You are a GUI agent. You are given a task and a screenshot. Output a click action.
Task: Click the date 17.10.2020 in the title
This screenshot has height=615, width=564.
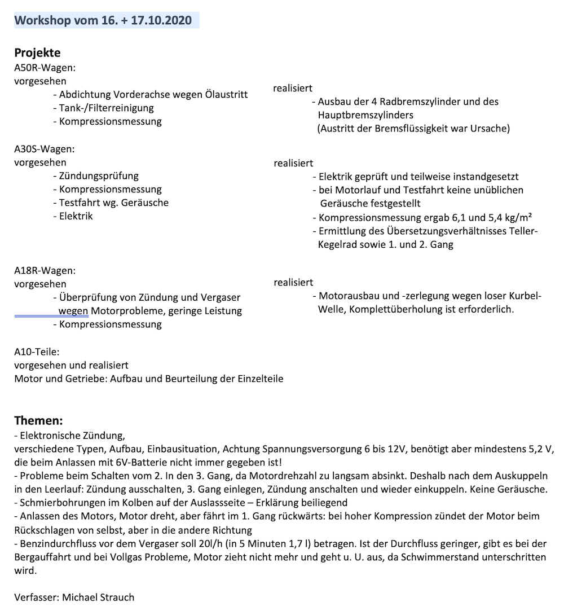[161, 21]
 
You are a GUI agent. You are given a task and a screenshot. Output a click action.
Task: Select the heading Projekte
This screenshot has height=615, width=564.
[37, 53]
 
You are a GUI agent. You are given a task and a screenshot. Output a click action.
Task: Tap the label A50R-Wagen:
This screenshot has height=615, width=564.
[45, 68]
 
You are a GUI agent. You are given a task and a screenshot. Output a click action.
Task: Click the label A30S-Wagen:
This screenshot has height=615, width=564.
[45, 149]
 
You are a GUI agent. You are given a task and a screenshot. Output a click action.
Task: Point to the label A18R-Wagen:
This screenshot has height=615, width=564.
[45, 271]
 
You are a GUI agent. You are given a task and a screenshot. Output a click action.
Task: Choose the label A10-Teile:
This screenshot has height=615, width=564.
[37, 352]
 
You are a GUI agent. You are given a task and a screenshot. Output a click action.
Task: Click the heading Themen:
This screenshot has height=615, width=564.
[38, 421]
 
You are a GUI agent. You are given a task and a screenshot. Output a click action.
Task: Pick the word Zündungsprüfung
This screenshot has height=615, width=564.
[99, 176]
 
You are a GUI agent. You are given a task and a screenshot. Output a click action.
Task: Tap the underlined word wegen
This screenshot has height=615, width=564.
[73, 311]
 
